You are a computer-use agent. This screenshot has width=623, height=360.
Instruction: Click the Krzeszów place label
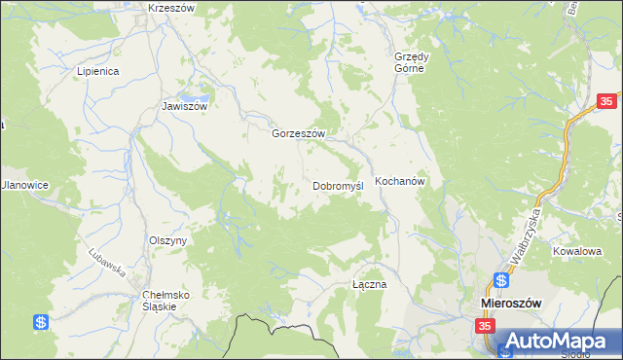(172, 8)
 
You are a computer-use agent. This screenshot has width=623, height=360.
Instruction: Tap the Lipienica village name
(97, 72)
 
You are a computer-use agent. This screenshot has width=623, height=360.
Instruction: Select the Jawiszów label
(185, 107)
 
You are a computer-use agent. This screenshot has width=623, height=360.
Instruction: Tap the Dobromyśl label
(338, 185)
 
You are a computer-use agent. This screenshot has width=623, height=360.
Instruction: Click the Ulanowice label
(23, 185)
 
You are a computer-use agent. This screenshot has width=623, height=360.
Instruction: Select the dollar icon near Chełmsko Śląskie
(40, 322)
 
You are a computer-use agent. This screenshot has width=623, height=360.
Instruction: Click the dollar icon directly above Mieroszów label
(501, 280)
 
